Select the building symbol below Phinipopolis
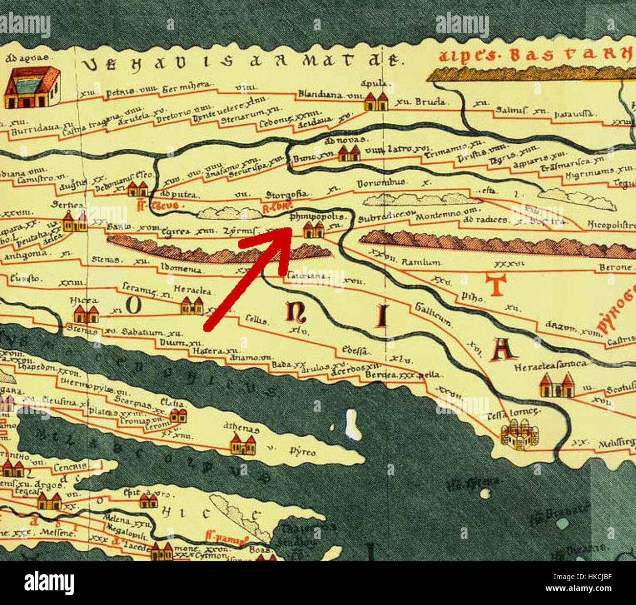[x=314, y=229]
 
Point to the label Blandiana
[x=321, y=94]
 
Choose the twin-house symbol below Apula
[x=376, y=101]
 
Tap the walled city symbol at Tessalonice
[x=520, y=434]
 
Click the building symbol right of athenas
[x=243, y=445]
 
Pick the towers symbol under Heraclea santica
[x=557, y=385]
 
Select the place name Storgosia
[x=287, y=195]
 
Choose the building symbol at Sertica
[x=75, y=221]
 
